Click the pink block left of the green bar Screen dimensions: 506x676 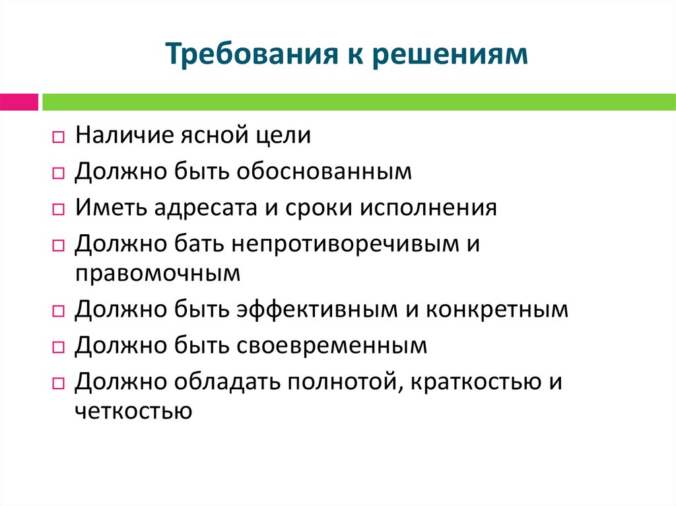(x=18, y=102)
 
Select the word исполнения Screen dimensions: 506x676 (x=428, y=208)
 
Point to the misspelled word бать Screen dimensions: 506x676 (x=199, y=244)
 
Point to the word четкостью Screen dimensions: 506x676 (x=133, y=410)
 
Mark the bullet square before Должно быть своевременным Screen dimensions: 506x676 (x=57, y=347)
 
